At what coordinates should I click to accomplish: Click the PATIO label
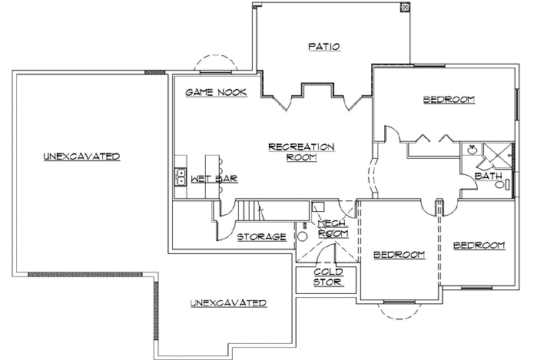click(x=324, y=47)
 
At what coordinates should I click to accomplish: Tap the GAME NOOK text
click(x=217, y=92)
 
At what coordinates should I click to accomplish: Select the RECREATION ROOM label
click(x=301, y=151)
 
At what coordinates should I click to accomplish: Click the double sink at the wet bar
click(x=179, y=177)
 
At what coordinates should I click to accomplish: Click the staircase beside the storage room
click(x=250, y=210)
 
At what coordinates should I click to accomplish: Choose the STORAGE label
click(x=261, y=236)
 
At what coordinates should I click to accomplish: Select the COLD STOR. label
click(x=328, y=277)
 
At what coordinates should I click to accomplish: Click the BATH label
click(x=489, y=176)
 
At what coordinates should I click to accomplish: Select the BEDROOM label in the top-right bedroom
click(x=449, y=100)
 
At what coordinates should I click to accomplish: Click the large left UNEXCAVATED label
click(x=81, y=157)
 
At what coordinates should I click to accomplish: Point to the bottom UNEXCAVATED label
click(x=228, y=303)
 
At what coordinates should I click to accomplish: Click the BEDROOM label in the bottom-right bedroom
click(x=479, y=246)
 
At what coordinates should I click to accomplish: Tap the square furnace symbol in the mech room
click(x=317, y=206)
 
